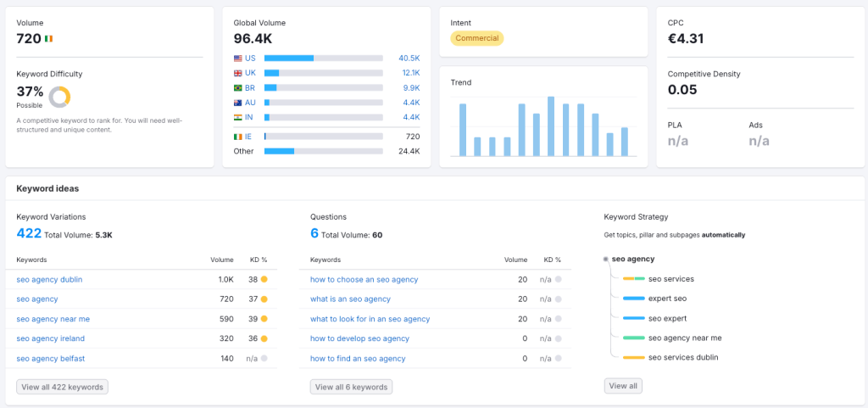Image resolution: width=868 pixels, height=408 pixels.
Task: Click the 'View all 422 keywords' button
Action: pos(62,387)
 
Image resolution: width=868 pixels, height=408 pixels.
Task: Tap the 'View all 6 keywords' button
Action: pos(351,387)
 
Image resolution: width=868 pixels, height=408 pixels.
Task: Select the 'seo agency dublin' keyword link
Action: pos(49,279)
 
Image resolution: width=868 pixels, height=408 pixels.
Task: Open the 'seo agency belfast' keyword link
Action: pos(50,358)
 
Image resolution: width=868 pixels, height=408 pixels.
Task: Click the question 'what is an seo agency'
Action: pos(350,299)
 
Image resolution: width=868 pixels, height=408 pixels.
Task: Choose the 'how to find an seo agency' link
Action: pos(358,358)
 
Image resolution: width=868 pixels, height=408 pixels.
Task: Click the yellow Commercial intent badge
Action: pos(476,38)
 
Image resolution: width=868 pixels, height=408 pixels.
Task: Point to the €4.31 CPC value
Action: pos(686,38)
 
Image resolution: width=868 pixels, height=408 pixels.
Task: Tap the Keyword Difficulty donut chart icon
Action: pos(59,97)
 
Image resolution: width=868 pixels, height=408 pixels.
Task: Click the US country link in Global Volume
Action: pos(250,58)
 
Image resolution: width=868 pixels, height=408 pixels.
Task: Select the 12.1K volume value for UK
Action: pos(409,73)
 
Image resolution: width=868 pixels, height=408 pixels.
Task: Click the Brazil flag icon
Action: pos(237,87)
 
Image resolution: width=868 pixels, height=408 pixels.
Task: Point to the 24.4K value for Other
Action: pos(409,151)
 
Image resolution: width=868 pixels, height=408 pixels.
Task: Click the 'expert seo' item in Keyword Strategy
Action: pos(667,299)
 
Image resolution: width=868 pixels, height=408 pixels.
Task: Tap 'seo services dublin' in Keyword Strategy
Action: pos(682,357)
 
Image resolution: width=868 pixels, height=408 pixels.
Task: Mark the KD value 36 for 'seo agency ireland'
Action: pos(253,338)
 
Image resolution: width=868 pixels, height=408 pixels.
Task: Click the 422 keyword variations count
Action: pos(29,233)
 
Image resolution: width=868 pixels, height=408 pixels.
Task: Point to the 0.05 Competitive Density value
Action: pos(682,89)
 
